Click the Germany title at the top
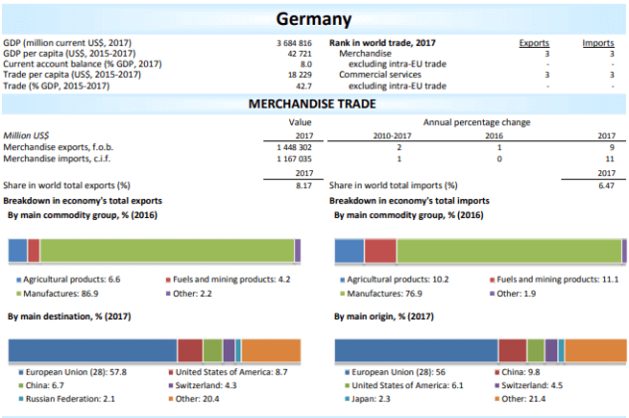314,19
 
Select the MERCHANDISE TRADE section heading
314,103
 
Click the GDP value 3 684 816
293,44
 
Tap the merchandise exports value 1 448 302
293,146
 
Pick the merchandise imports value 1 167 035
293,157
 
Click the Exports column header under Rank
535,44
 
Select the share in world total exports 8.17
304,185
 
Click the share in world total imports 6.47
606,185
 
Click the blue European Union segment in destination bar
92,350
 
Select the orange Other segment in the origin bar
595,350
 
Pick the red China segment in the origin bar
512,350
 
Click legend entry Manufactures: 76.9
386,294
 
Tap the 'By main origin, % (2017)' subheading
384,315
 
